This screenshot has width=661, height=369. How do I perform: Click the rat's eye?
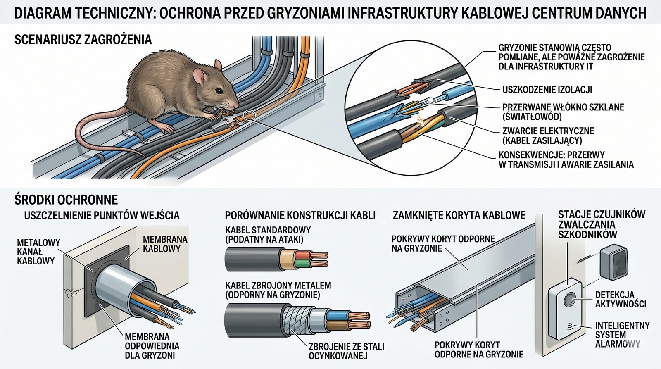[x=219, y=90]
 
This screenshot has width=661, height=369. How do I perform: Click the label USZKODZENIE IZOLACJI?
[x=547, y=89]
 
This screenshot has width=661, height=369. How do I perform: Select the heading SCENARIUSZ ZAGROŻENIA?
[x=83, y=40]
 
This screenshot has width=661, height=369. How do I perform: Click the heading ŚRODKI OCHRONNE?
[x=66, y=200]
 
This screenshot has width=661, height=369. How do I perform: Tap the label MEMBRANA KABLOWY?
[x=165, y=243]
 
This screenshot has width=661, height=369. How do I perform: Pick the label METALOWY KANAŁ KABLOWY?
[x=38, y=252]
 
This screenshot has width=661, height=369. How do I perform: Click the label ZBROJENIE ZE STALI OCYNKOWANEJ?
[x=347, y=351]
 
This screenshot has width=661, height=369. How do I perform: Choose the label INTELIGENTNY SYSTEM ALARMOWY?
[x=622, y=335]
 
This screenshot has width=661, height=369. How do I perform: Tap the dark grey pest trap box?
[x=614, y=261]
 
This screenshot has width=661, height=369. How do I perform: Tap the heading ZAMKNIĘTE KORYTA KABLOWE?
[x=459, y=215]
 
